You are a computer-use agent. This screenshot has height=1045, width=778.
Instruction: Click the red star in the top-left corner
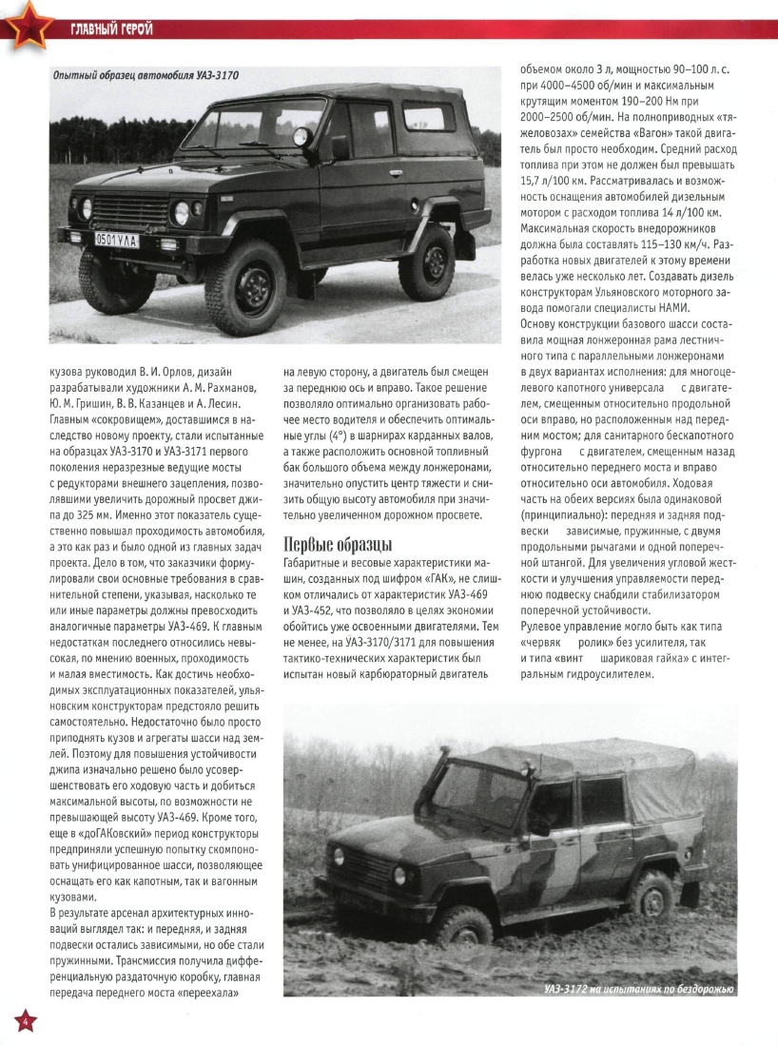(x=26, y=21)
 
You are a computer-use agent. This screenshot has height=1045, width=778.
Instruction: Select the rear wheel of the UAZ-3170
(x=426, y=262)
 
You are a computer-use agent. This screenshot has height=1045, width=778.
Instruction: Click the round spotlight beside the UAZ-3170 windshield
(x=301, y=137)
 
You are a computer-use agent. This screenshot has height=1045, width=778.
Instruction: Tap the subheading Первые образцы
(x=338, y=544)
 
